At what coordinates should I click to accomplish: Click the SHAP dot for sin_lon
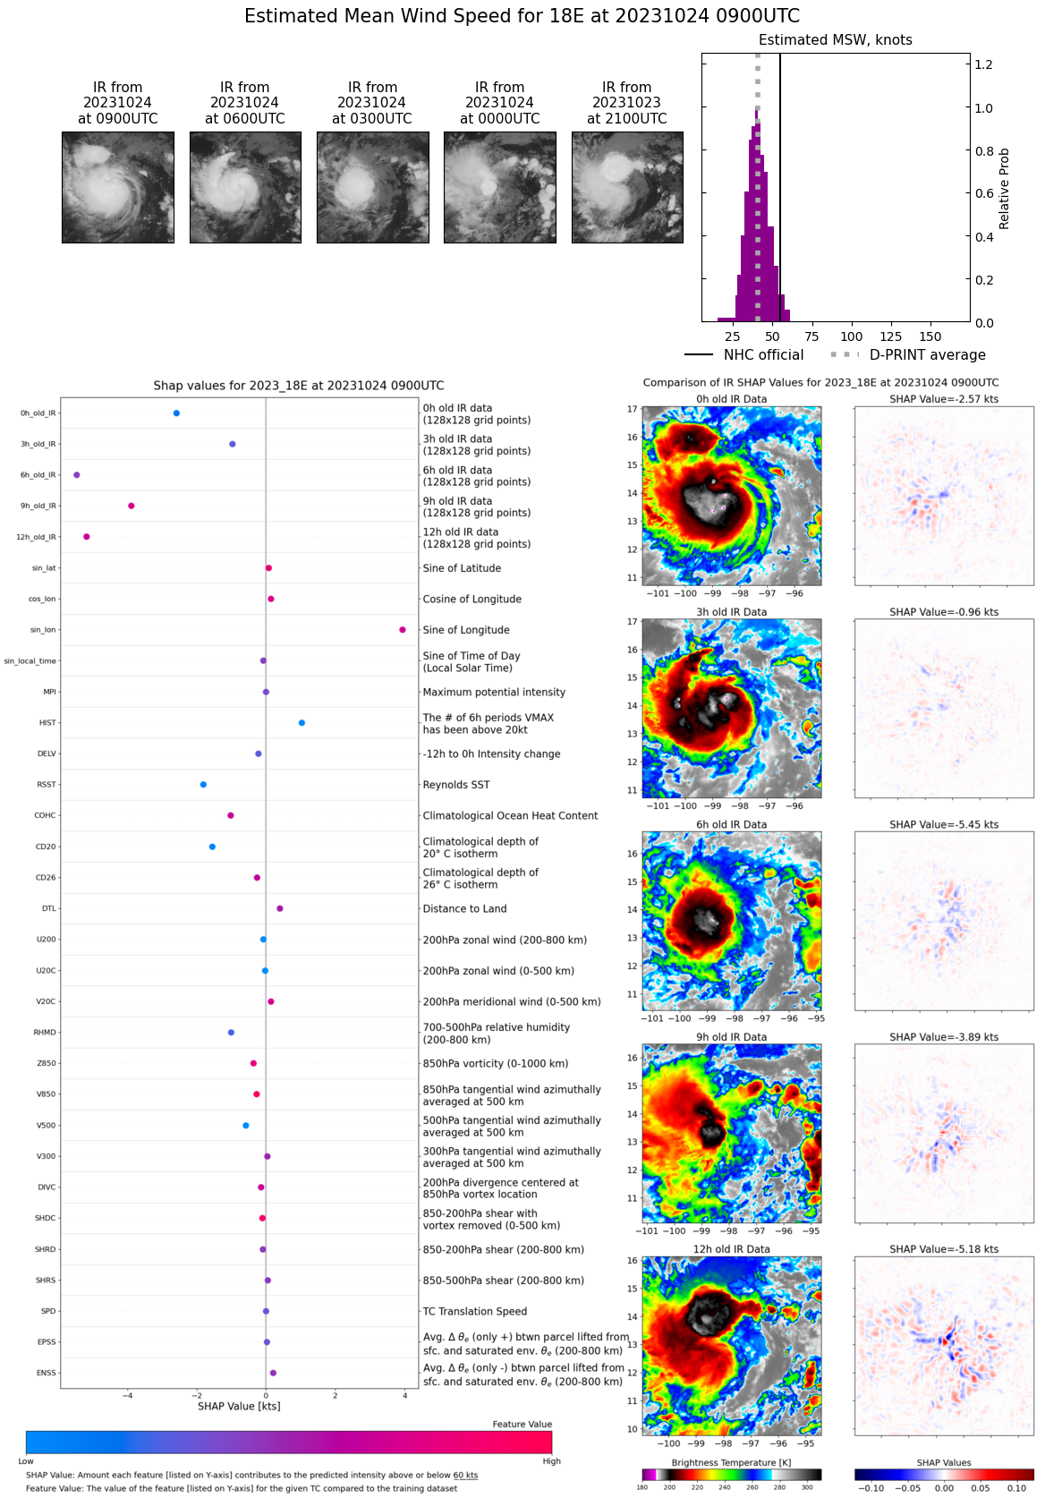tap(403, 630)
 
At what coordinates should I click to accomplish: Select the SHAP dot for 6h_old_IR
tap(77, 475)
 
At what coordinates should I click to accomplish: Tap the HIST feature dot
tap(302, 723)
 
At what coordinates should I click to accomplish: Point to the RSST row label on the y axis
tap(47, 785)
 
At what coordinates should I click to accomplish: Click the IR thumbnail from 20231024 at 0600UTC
tap(245, 187)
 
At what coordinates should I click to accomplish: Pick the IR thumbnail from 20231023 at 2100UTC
tap(627, 187)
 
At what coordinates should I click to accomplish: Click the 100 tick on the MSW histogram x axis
tap(852, 336)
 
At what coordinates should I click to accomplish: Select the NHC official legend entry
tap(744, 355)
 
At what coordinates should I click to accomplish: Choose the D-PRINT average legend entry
tap(909, 355)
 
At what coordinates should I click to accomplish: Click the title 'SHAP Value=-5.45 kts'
tap(944, 825)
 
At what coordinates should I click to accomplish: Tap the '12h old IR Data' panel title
tap(731, 1249)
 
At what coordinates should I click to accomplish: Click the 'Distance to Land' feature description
tap(464, 909)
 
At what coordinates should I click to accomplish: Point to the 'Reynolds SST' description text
tap(456, 785)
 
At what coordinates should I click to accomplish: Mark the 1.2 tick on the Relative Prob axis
tap(983, 65)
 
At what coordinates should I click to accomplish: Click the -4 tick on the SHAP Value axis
tap(128, 1396)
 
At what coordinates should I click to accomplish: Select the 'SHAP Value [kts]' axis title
tap(239, 1406)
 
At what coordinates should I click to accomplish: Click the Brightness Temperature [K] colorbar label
tap(731, 1463)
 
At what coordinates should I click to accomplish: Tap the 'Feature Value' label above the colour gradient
tap(522, 1425)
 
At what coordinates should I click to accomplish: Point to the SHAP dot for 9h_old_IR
tap(132, 506)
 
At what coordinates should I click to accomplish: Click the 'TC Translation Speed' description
tap(475, 1312)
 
